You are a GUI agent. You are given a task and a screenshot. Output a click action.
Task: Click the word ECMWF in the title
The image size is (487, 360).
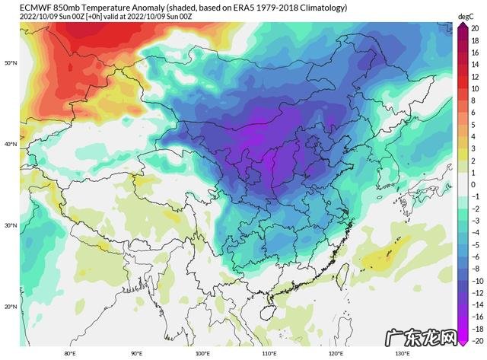(x=17, y=6)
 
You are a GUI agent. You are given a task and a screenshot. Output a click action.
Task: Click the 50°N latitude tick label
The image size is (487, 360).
(x=10, y=62)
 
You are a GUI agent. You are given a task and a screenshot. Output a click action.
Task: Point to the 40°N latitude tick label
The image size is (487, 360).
(x=10, y=144)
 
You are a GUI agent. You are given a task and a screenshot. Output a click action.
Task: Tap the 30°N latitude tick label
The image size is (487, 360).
(x=10, y=225)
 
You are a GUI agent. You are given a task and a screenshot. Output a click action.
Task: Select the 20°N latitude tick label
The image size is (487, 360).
(x=10, y=307)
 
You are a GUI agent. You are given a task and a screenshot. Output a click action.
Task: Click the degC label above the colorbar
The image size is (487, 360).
(x=466, y=15)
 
